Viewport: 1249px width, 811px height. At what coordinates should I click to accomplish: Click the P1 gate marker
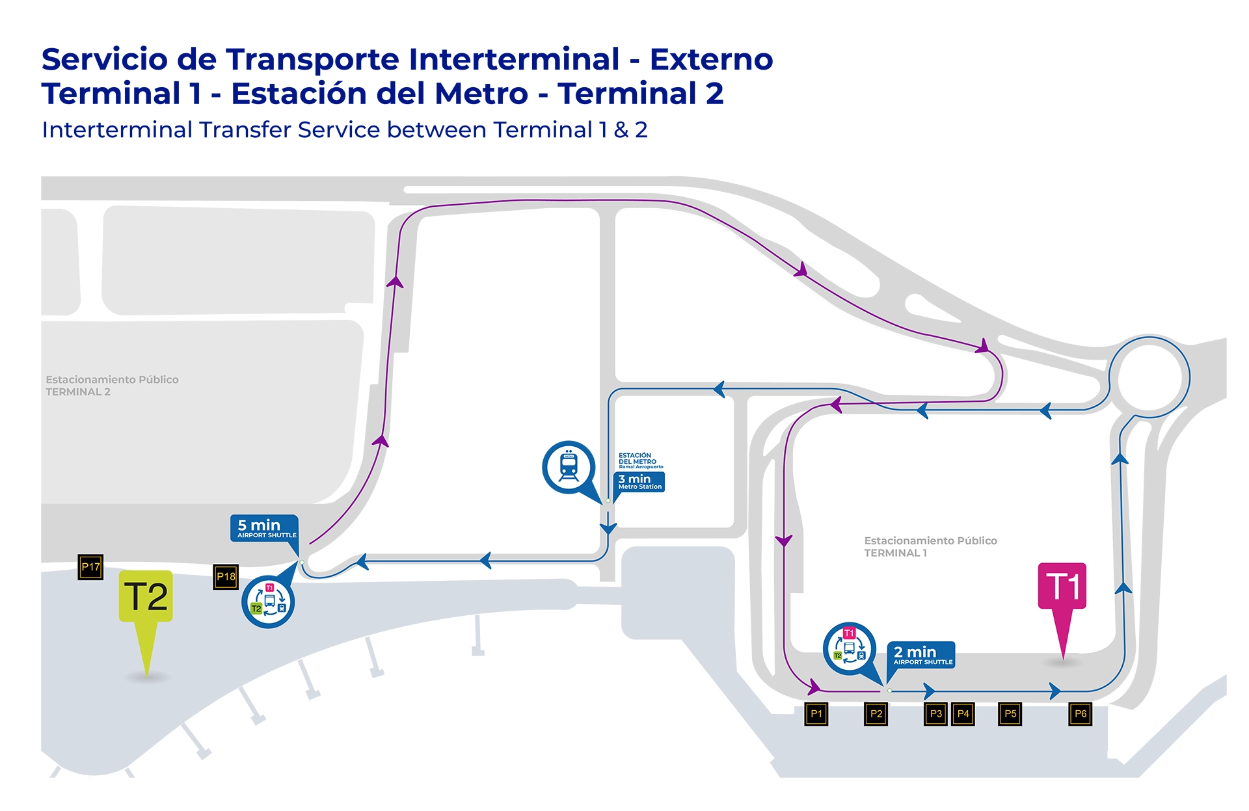[x=816, y=714]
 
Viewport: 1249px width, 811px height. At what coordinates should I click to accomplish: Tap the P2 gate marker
[x=876, y=714]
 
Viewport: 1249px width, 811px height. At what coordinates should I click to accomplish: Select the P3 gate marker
[x=935, y=714]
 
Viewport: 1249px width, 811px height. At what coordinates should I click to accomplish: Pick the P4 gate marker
[x=963, y=714]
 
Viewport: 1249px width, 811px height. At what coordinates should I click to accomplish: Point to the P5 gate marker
[x=1010, y=714]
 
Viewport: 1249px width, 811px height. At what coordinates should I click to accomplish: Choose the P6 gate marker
[x=1080, y=714]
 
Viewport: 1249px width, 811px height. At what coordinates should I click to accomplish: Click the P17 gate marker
[x=90, y=567]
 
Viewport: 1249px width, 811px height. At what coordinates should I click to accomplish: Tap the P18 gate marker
[x=226, y=577]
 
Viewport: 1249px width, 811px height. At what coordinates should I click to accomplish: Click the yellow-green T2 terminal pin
[x=146, y=597]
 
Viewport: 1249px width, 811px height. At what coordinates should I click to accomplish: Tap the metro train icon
[x=569, y=467]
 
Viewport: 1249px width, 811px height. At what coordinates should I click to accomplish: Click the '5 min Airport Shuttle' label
[x=265, y=528]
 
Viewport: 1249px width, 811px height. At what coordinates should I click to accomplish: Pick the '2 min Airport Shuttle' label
[x=921, y=654]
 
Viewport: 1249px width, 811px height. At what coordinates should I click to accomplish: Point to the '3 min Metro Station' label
[x=639, y=482]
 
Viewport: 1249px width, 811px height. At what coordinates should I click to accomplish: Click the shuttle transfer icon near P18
[x=268, y=602]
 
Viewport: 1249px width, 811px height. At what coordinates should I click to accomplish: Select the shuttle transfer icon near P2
[x=850, y=648]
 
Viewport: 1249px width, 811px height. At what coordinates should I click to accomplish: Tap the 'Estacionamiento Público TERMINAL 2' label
[x=112, y=386]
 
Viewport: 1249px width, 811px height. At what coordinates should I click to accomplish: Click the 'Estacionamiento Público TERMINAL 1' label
[x=930, y=547]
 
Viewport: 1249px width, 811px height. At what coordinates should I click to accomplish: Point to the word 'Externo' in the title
[x=711, y=59]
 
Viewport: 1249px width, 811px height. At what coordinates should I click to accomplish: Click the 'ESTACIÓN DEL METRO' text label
[x=638, y=459]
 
